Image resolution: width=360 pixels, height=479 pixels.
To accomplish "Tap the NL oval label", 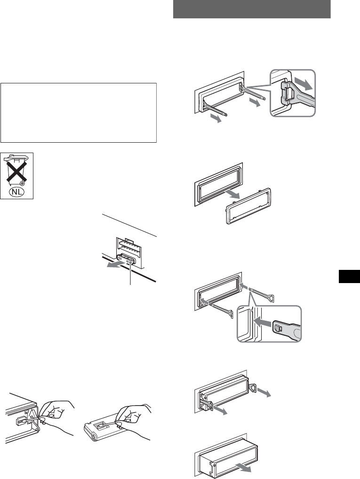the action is (x=16, y=193).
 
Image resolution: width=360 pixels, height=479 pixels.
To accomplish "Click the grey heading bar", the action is (x=252, y=9).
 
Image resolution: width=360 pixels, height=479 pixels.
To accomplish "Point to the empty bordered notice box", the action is (x=78, y=113).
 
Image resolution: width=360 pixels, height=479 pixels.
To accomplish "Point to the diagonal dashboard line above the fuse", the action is (x=129, y=226).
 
